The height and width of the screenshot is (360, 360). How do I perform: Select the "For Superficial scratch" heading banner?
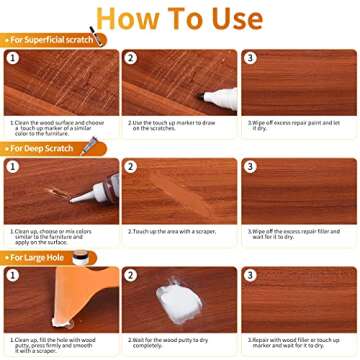(x=50, y=40)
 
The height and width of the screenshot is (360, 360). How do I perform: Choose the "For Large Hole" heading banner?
(x=38, y=257)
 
